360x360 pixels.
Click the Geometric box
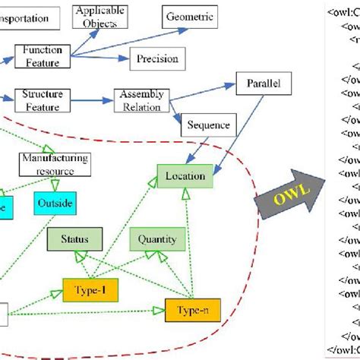190,16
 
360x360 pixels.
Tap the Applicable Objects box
98,17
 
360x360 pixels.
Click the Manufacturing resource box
55,164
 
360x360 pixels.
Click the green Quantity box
157,240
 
